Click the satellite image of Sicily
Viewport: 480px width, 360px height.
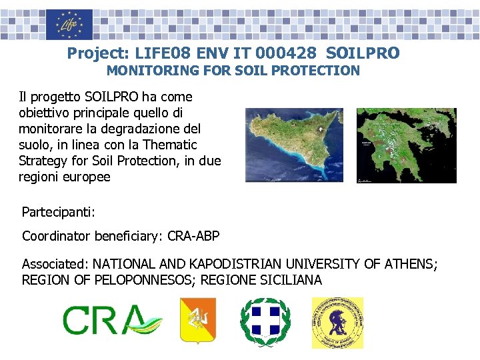[293, 145]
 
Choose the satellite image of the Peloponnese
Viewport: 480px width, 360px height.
[406, 145]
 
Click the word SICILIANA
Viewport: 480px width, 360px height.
[291, 280]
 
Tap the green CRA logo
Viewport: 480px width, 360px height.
[111, 321]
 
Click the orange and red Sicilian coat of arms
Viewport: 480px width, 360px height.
[198, 322]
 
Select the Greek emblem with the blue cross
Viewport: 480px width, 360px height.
[265, 322]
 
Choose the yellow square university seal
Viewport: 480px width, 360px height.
[337, 323]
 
